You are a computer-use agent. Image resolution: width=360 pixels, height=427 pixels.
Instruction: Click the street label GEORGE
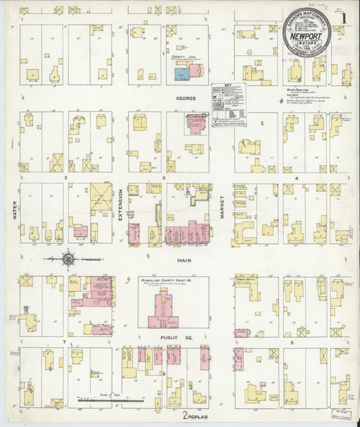[186, 99]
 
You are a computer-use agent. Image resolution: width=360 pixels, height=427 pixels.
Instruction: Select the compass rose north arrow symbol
[68, 258]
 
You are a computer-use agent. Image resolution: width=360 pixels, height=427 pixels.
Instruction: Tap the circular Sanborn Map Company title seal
[307, 32]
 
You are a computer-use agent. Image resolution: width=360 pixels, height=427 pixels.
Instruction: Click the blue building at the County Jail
[181, 73]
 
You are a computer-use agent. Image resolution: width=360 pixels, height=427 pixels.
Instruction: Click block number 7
[64, 343]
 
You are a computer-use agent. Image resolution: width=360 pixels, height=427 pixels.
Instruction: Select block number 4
[297, 177]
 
